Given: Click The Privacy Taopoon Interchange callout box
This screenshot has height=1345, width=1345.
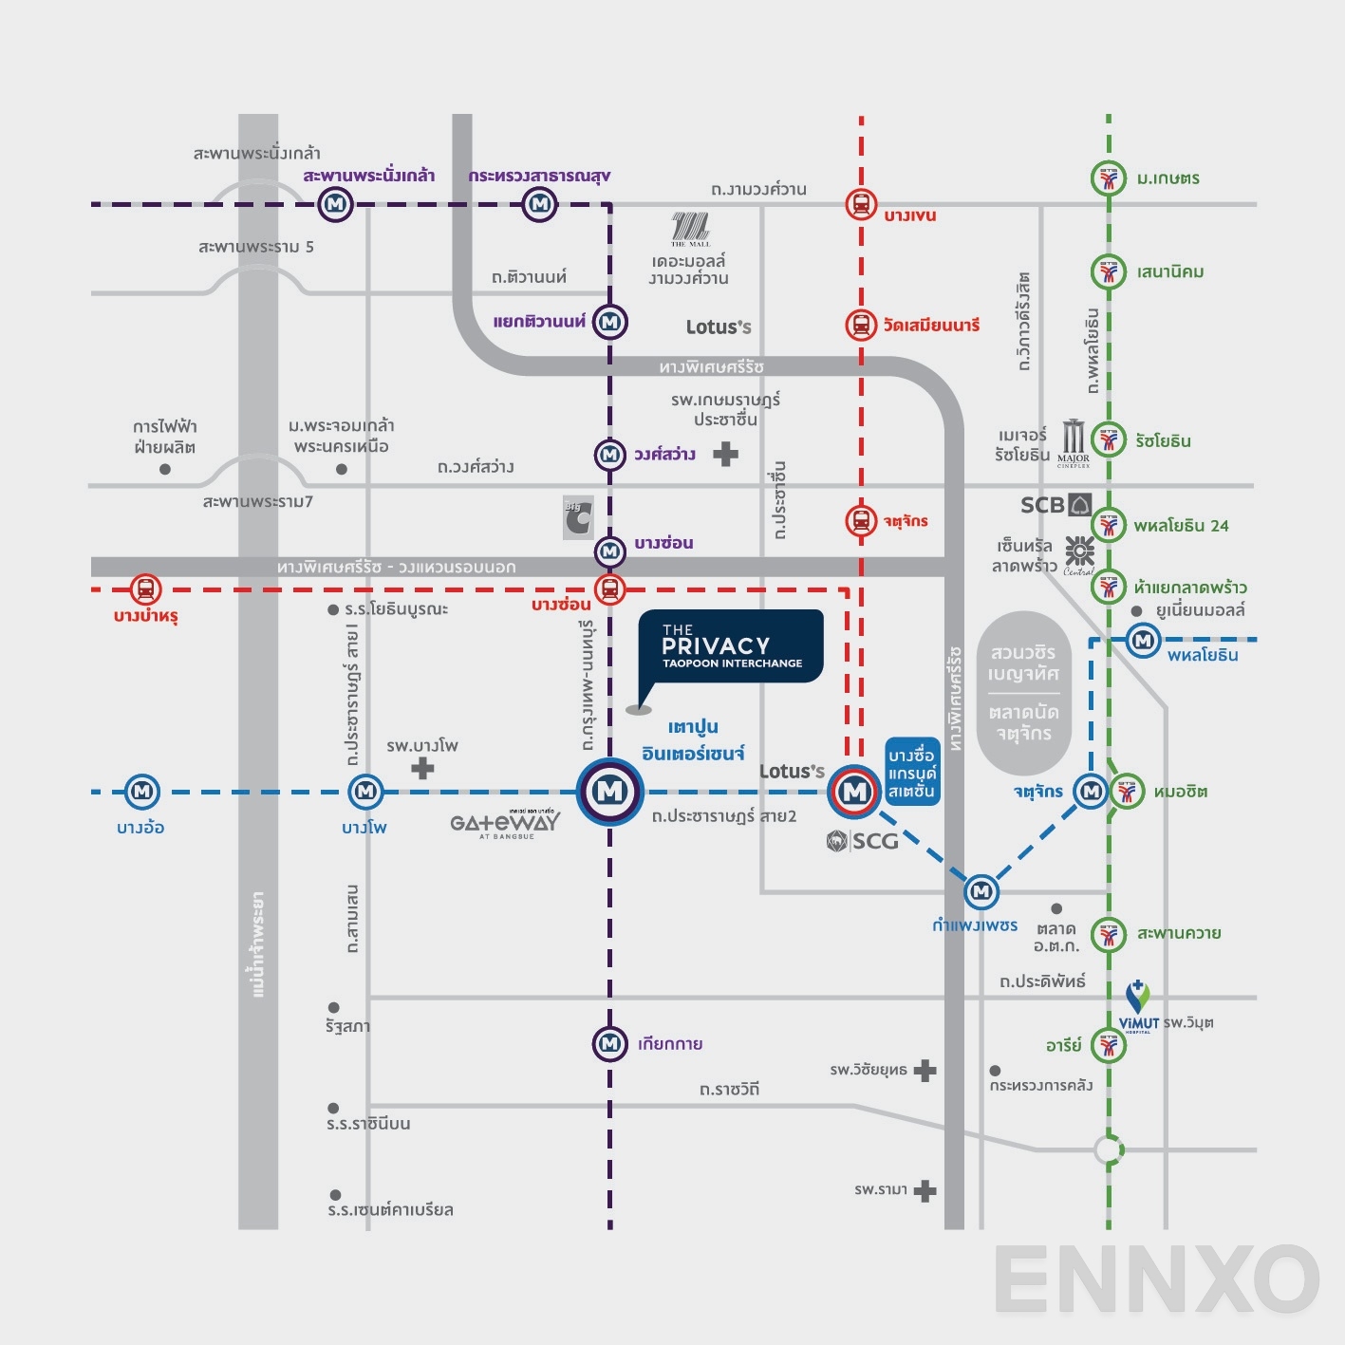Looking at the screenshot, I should click(x=730, y=646).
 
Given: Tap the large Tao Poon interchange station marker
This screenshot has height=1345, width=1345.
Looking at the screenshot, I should click(x=610, y=791).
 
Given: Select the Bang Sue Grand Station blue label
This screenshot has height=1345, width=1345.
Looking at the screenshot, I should click(x=912, y=772).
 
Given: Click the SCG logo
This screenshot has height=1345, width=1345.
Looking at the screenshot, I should click(x=862, y=841).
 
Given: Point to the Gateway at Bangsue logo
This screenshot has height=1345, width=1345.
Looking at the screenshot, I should click(x=505, y=824).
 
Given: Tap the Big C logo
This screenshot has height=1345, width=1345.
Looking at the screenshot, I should click(x=578, y=518).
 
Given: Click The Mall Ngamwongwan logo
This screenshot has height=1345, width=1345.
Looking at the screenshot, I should click(x=690, y=228).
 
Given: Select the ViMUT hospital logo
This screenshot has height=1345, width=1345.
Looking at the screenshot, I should click(x=1138, y=1006).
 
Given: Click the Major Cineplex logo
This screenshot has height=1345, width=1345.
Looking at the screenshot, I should click(x=1074, y=442).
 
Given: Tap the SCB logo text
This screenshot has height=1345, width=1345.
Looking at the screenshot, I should click(x=1042, y=505).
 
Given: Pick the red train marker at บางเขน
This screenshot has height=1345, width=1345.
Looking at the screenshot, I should click(x=861, y=204).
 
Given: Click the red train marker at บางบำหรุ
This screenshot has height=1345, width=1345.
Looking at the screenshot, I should click(x=145, y=589).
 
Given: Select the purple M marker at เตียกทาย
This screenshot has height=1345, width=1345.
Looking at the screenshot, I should click(x=609, y=1044).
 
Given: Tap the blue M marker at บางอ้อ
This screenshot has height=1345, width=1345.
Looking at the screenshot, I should click(x=142, y=791).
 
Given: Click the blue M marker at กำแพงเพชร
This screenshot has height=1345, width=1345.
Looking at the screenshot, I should click(x=981, y=891).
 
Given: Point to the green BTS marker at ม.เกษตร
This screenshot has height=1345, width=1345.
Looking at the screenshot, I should click(x=1108, y=178).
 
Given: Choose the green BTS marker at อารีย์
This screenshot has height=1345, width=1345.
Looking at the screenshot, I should click(x=1108, y=1045).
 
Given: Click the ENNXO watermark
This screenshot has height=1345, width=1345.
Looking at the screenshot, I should click(x=1156, y=1280).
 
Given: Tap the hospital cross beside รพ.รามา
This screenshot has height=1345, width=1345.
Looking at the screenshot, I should click(x=925, y=1191).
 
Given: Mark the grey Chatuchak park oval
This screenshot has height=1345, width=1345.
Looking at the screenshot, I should click(x=1024, y=693).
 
